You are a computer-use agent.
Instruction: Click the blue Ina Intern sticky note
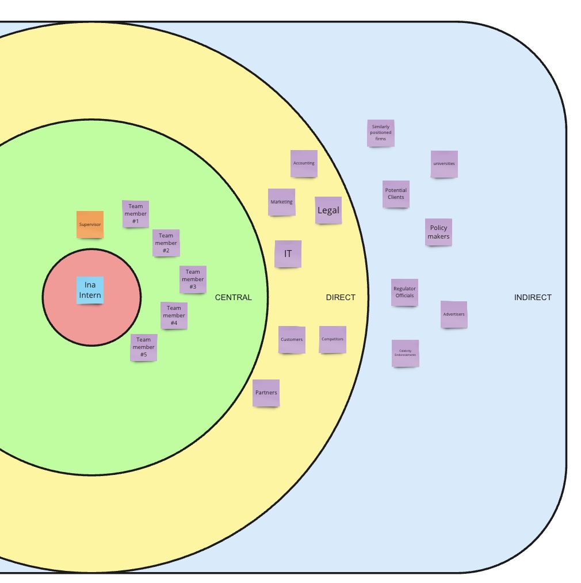pos(90,290)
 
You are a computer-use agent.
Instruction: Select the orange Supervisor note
pos(90,224)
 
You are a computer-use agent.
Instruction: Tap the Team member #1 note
pos(136,214)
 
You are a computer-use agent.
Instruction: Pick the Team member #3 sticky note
pos(193,279)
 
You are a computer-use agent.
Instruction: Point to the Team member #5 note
pos(144,347)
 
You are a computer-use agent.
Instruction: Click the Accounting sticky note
pos(304,163)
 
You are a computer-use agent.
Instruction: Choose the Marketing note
pos(282,202)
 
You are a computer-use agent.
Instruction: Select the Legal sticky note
pos(328,210)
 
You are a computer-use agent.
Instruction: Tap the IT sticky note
pos(288,254)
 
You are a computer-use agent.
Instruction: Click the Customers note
pos(292,340)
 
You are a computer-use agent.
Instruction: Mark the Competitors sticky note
pos(332,339)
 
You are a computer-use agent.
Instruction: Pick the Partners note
pos(266,393)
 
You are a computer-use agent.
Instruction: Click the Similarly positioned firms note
pos(381,133)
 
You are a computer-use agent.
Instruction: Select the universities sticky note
pos(444,164)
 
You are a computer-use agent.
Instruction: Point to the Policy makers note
pos(438,232)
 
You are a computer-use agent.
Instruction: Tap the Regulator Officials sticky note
pos(404,292)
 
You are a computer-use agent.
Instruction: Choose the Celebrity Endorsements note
pos(406,353)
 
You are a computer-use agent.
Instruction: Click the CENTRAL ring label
pos(234,297)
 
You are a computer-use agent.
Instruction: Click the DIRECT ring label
pos(341,297)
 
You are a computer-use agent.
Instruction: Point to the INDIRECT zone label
pos(533,297)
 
